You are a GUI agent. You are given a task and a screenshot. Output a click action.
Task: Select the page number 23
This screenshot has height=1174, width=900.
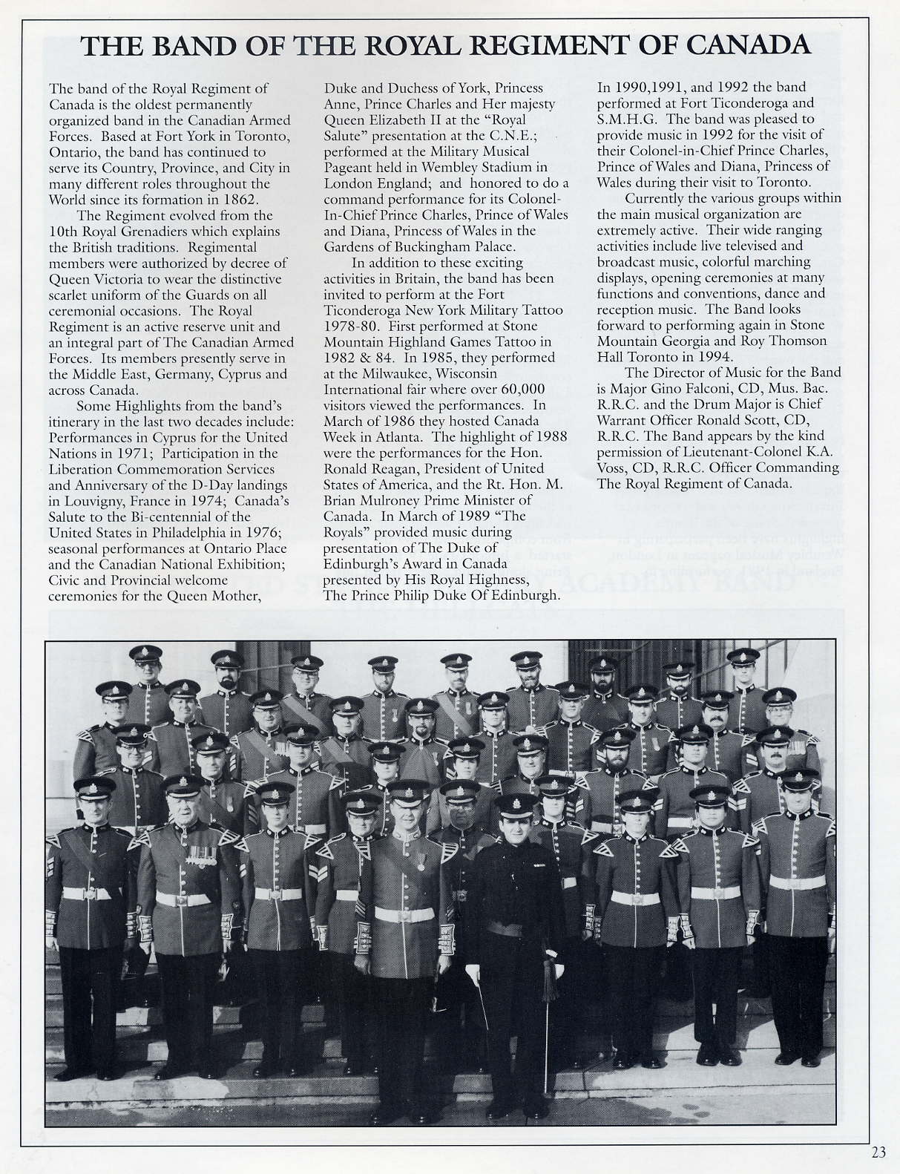click(878, 1152)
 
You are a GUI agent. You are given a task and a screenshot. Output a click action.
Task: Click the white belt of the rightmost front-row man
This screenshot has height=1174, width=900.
click(797, 882)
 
